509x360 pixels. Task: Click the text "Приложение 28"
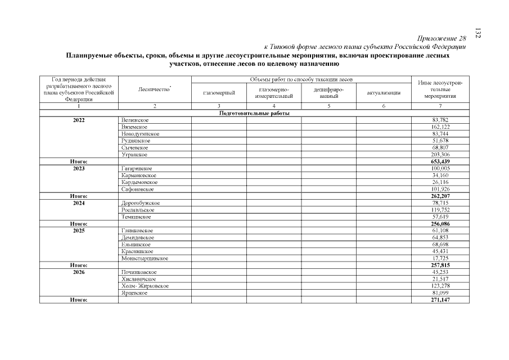coord(442,39)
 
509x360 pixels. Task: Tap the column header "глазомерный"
coord(219,93)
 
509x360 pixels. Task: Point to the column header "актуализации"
coord(384,93)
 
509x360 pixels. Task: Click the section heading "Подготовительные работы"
coord(254,113)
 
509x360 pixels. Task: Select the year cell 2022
coord(79,120)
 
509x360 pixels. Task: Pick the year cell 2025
coord(79,231)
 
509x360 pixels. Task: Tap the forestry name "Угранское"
coord(134,154)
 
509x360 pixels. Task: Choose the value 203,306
coord(440,154)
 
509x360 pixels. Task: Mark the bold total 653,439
coord(440,161)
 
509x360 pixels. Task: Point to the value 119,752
coord(440,210)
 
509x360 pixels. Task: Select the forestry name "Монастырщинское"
coord(145,258)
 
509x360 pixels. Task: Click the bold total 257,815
coord(440,265)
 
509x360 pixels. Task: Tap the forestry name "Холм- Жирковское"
coord(145,286)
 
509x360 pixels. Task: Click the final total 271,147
coord(440,300)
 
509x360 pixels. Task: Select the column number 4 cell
coord(274,106)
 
